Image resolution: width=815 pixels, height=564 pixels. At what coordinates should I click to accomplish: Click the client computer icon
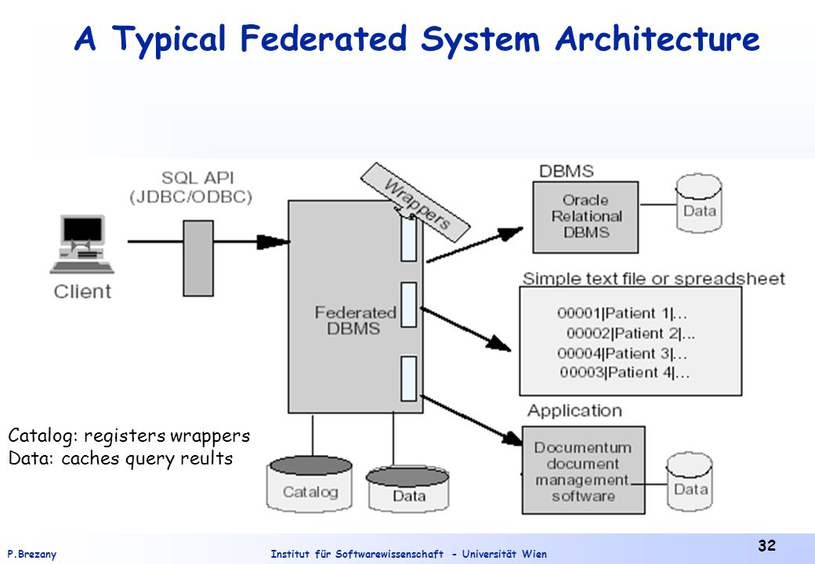point(82,244)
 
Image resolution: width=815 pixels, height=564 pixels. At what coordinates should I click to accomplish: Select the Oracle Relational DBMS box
point(585,217)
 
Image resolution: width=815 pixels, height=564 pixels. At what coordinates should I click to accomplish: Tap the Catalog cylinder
point(310,484)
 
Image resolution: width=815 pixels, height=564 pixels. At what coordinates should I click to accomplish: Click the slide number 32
point(766,545)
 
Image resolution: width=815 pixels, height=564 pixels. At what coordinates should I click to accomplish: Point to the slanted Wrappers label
point(415,202)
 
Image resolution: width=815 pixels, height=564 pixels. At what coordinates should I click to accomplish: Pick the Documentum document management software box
point(583,471)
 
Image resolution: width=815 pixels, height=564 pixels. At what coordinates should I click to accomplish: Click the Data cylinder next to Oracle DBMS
point(699,203)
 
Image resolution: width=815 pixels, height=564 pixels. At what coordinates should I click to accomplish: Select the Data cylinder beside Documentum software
point(690,482)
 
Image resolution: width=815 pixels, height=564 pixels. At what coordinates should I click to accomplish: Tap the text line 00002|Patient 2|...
point(631,334)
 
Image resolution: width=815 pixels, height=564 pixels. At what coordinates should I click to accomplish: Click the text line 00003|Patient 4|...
point(625,372)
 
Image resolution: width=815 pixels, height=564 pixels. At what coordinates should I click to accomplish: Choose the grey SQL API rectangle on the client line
point(198,258)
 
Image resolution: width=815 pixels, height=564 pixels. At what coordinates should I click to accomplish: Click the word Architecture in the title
point(657,38)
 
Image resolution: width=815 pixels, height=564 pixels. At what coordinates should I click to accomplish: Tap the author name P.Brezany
point(31,554)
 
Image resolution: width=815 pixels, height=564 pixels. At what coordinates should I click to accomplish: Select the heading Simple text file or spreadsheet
point(654,279)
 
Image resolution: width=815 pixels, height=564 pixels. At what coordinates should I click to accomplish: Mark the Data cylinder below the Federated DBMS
point(408,490)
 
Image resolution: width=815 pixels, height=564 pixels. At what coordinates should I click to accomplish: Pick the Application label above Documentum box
point(574,410)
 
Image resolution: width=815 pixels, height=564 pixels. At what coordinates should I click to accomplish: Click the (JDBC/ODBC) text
point(190,197)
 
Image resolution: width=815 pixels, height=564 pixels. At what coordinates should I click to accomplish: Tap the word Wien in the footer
point(534,554)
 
